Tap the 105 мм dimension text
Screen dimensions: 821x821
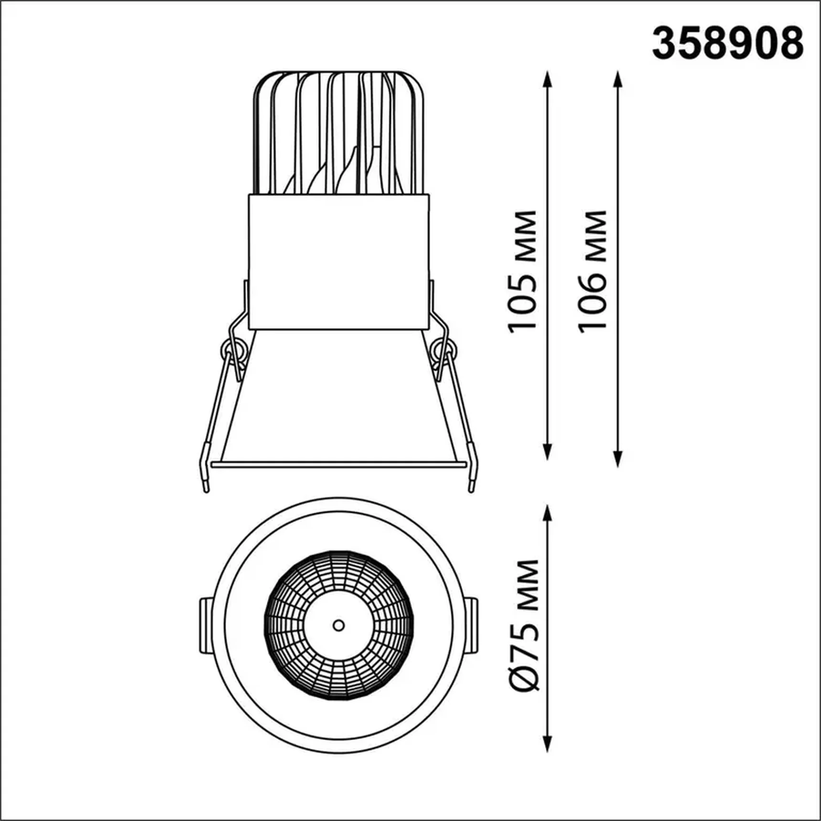pyautogui.click(x=523, y=271)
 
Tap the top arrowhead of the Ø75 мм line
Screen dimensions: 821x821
pyautogui.click(x=548, y=514)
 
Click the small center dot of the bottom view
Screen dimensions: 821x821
pyautogui.click(x=338, y=625)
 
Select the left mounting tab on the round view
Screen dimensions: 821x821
pyautogui.click(x=206, y=625)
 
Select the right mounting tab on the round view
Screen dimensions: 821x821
pyautogui.click(x=471, y=625)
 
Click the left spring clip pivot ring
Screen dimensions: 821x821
pyautogui.click(x=233, y=350)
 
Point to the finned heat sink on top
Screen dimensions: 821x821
pyautogui.click(x=338, y=134)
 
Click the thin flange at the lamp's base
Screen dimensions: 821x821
pyautogui.click(x=338, y=464)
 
